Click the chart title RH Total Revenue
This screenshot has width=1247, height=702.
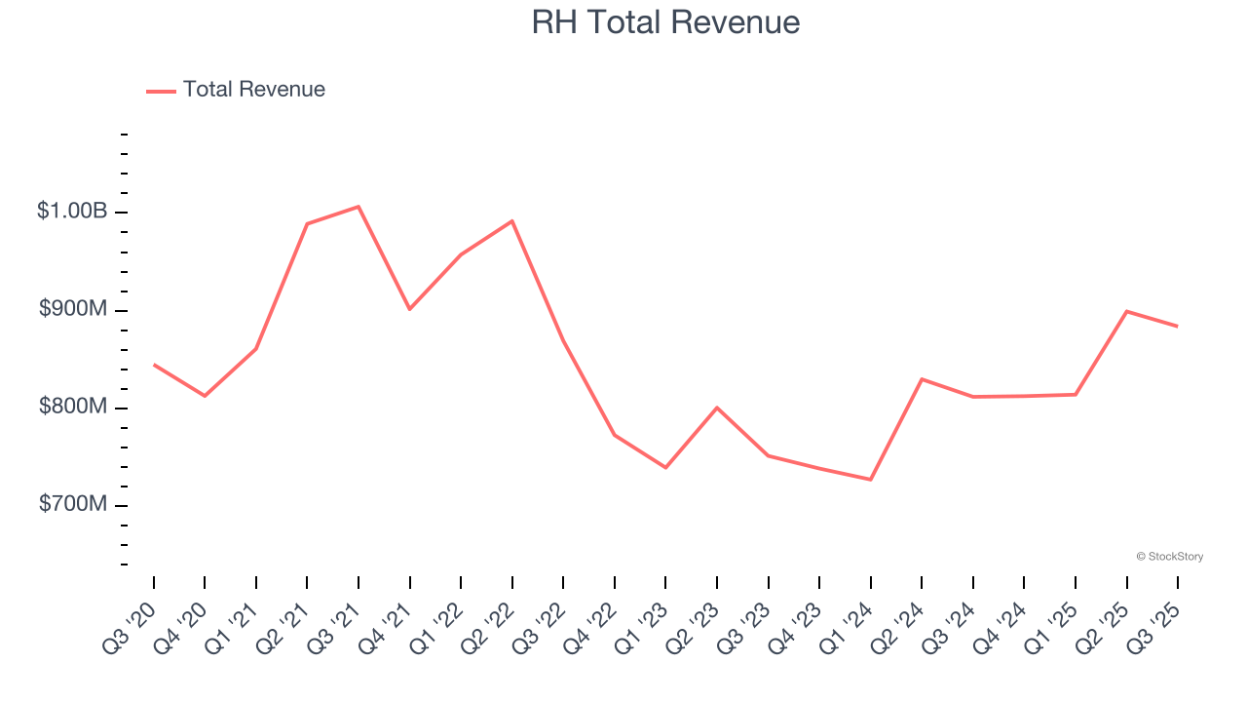pos(665,22)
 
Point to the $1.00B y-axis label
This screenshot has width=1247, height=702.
pos(72,212)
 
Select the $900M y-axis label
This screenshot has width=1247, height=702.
pos(73,309)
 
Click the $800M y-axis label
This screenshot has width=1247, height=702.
pos(73,407)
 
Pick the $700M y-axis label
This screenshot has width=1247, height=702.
pos(73,504)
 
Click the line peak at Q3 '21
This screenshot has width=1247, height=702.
pos(359,207)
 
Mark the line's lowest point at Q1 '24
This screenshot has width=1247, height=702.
pos(871,480)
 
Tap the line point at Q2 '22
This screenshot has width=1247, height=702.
pos(512,221)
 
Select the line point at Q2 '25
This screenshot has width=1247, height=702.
pos(1127,311)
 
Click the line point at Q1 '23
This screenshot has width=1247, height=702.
pos(666,468)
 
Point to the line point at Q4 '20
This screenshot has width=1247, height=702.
pos(205,396)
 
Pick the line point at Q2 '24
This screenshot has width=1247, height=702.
pos(922,379)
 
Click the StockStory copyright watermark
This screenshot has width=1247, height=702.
pos(1169,557)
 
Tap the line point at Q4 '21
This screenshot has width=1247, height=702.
pos(410,309)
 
